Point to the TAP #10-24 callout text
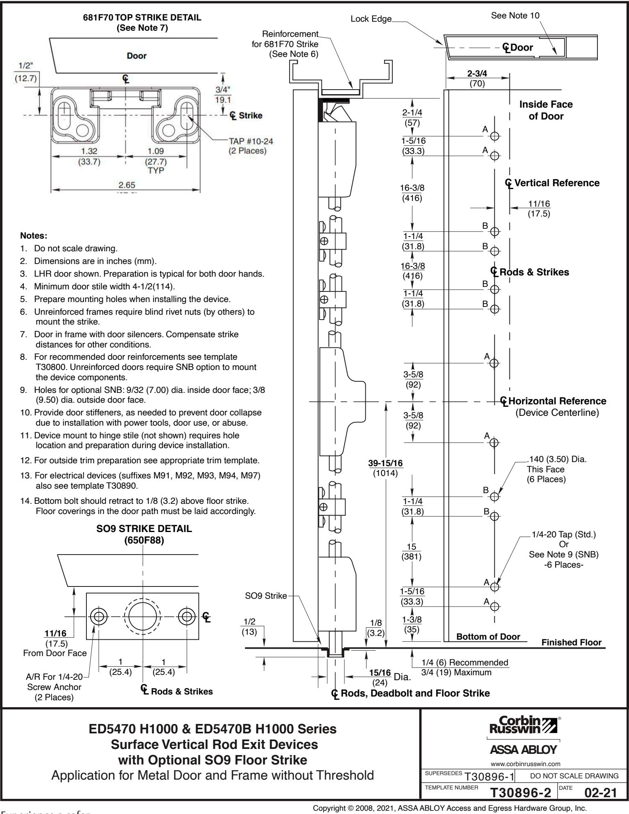250,142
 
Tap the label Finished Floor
571,643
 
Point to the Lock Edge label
371,18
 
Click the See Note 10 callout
515,16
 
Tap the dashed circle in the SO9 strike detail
143,615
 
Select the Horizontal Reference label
557,401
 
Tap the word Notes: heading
34,236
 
